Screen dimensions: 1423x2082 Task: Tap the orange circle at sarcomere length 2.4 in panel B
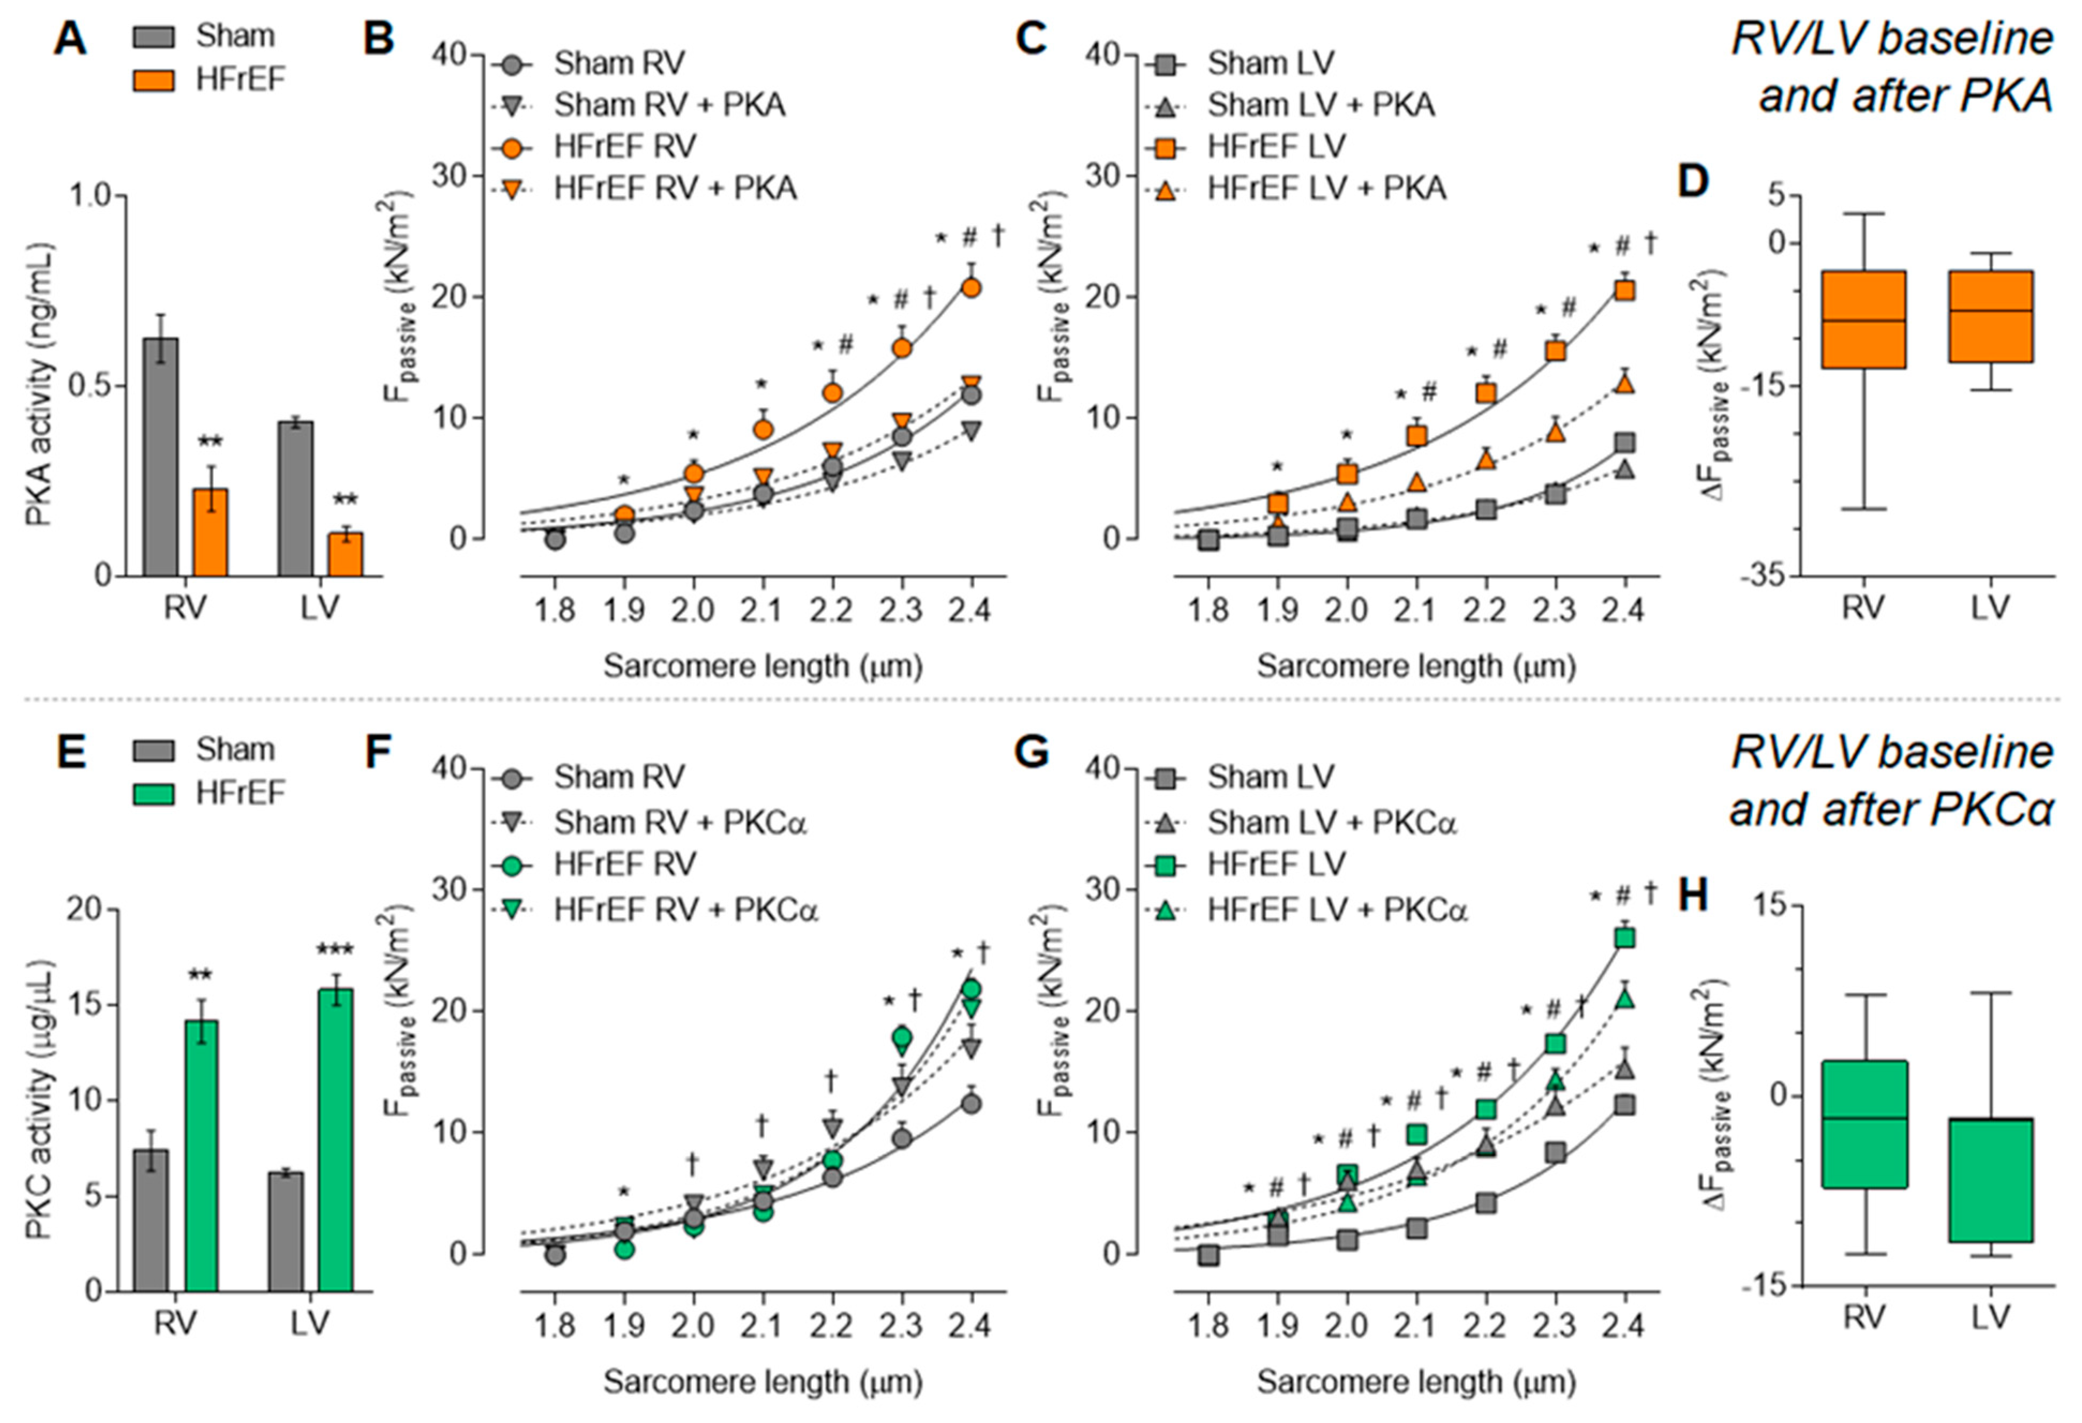tap(971, 288)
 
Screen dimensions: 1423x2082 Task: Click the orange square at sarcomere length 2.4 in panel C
tap(1624, 290)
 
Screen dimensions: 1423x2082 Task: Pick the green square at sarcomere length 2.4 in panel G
tap(1624, 938)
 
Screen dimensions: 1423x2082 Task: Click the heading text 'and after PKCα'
tap(1891, 809)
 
